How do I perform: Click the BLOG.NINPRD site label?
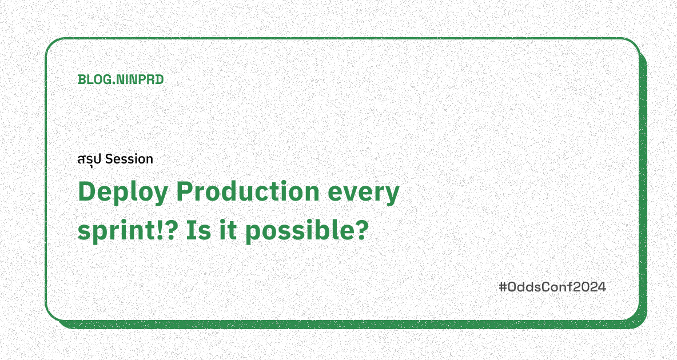(121, 80)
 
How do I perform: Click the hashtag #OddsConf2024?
(552, 287)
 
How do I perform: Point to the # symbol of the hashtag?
(503, 287)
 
